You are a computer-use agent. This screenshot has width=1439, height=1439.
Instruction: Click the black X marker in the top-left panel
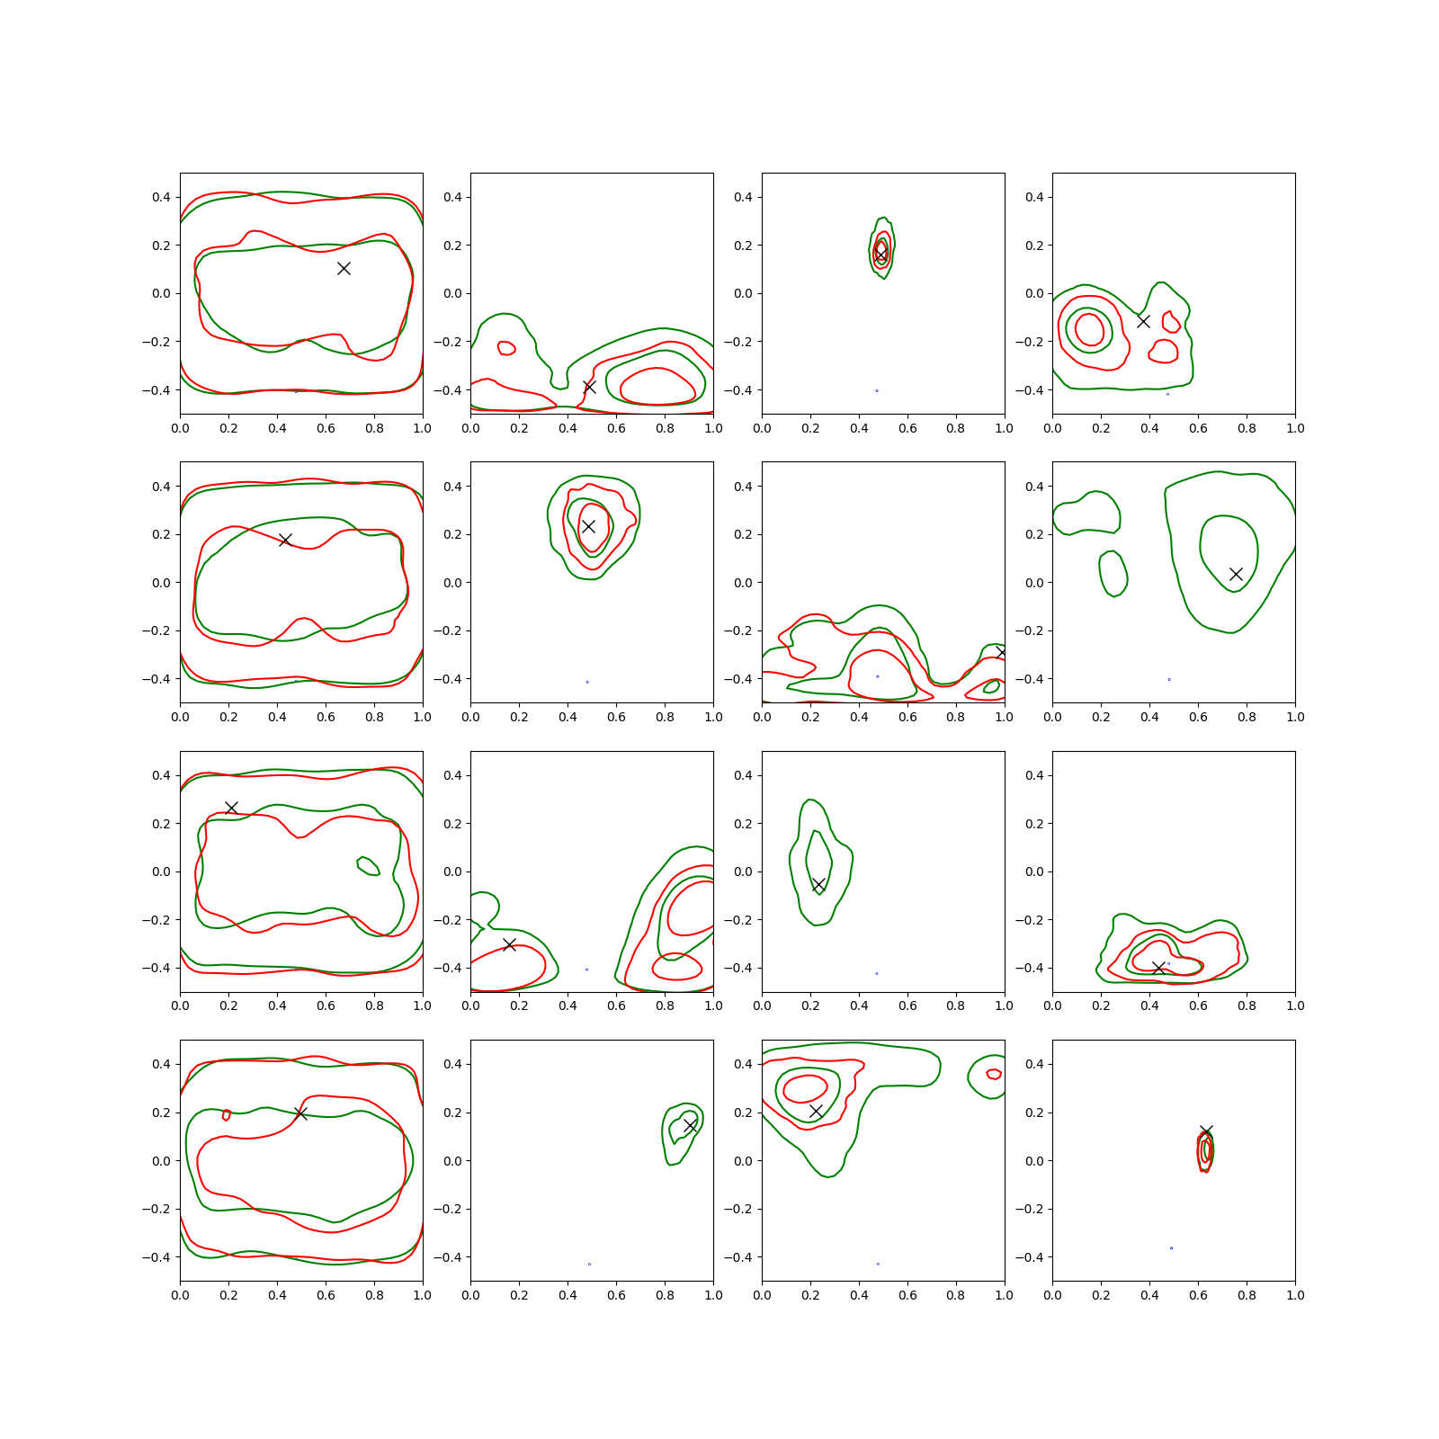pyautogui.click(x=344, y=268)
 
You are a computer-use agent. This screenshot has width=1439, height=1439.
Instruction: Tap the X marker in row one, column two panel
pyautogui.click(x=589, y=387)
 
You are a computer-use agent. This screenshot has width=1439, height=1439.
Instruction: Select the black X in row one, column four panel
pyautogui.click(x=1143, y=321)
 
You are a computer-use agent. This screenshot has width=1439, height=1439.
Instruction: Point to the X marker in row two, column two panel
pyautogui.click(x=588, y=526)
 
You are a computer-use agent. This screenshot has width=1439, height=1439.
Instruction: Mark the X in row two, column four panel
pyautogui.click(x=1236, y=574)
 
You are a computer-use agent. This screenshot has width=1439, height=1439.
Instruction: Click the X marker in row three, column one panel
pyautogui.click(x=231, y=808)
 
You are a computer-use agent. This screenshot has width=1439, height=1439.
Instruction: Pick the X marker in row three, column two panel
pyautogui.click(x=509, y=944)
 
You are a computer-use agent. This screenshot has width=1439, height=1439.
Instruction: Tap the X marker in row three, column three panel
pyautogui.click(x=818, y=885)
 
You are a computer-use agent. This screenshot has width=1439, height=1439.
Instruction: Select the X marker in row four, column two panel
pyautogui.click(x=690, y=1126)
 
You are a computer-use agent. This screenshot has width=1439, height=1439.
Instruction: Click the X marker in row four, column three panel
pyautogui.click(x=816, y=1112)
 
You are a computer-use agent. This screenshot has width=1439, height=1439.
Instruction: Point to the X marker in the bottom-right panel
pyautogui.click(x=1206, y=1131)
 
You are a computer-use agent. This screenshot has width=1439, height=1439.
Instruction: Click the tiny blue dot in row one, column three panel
pyautogui.click(x=877, y=390)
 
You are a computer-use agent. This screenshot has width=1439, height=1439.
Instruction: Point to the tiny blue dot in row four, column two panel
pyautogui.click(x=589, y=1264)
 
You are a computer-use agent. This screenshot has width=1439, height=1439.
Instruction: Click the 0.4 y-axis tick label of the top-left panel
pyautogui.click(x=161, y=197)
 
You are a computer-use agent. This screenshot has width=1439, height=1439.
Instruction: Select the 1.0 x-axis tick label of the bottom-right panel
pyautogui.click(x=1295, y=1295)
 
